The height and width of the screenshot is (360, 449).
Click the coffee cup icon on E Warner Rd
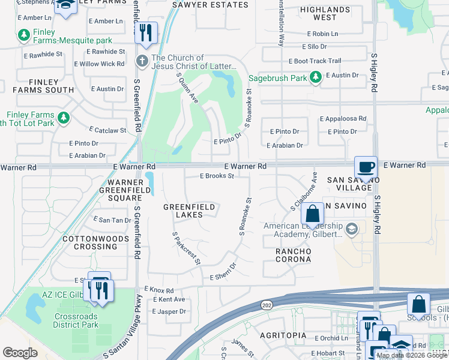coord(366,166)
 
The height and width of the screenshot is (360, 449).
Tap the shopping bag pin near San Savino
coord(312,213)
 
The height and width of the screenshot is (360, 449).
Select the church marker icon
coord(142,61)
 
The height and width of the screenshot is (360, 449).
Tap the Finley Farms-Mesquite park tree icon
coord(24,36)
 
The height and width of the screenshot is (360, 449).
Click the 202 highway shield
coord(266,305)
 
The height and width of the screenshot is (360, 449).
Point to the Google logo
coord(20,353)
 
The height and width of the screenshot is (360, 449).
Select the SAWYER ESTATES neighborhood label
coord(210,5)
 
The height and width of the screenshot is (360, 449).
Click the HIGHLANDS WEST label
coord(325,14)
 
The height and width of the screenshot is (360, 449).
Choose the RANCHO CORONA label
coord(293,255)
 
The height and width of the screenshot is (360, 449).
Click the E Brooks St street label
coord(217,176)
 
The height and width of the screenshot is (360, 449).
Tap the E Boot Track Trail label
coord(315,61)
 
